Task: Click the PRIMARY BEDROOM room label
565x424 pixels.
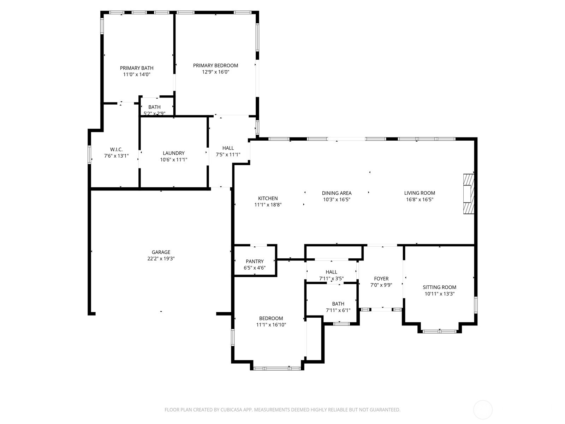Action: tap(215, 65)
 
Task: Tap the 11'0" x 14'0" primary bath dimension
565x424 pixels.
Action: tap(137, 75)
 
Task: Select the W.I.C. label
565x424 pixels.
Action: tap(116, 149)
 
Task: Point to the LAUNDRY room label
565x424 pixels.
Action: tap(173, 153)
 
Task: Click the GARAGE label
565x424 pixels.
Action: tap(161, 252)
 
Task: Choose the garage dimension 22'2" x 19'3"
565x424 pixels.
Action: tap(161, 259)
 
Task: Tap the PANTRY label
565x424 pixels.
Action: tap(255, 261)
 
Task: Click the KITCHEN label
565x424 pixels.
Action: tap(268, 198)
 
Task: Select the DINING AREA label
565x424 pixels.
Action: tap(337, 193)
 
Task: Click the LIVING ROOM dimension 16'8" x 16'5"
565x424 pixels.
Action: tap(420, 199)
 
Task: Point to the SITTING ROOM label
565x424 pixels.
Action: tap(439, 287)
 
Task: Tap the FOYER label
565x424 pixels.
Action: tap(381, 279)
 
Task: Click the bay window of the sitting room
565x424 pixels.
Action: tap(440, 331)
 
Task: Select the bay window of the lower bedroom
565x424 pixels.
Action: tap(277, 369)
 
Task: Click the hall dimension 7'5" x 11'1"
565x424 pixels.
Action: tap(228, 154)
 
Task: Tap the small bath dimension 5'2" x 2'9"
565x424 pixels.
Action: tap(154, 113)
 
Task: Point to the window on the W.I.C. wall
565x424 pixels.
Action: tap(90, 155)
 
